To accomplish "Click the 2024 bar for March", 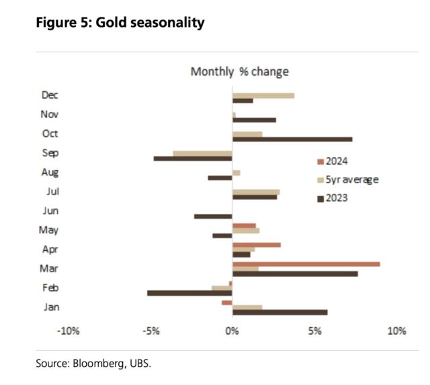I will (x=306, y=264).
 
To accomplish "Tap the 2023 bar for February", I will (x=189, y=293).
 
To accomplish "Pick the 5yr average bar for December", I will (x=263, y=96).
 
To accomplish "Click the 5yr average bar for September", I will (x=202, y=154).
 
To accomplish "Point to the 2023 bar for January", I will (x=279, y=312).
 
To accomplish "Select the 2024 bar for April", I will (x=256, y=245).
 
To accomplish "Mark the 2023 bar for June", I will (x=213, y=216).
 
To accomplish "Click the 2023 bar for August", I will (x=220, y=178).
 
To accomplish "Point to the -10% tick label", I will (x=69, y=331).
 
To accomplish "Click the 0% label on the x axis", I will (x=232, y=331).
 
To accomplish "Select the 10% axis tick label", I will (x=396, y=331).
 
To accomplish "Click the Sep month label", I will (x=50, y=153).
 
